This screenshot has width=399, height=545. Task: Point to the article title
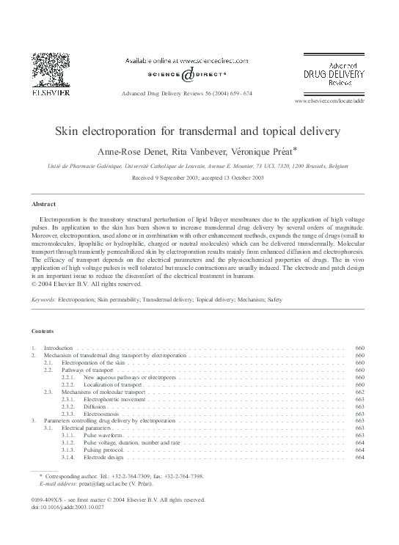tap(198, 132)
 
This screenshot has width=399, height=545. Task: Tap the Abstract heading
tap(45, 203)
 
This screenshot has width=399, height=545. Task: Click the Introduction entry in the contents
tap(59, 347)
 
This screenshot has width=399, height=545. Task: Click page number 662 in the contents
tap(359, 392)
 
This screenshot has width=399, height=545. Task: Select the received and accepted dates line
tap(198, 178)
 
